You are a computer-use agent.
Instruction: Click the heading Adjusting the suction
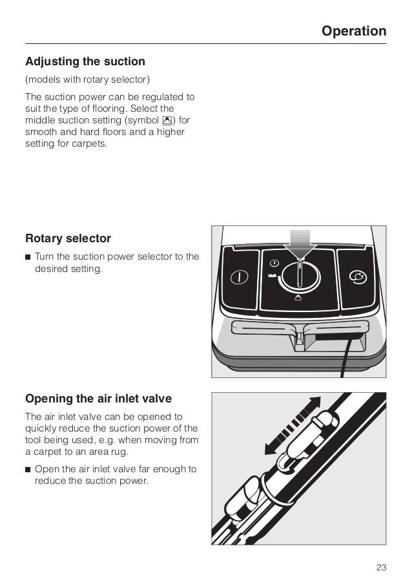tap(85, 62)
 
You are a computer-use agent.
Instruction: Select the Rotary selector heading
tap(68, 238)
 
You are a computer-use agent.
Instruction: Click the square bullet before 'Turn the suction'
tap(28, 257)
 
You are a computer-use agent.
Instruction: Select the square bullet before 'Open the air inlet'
tap(28, 468)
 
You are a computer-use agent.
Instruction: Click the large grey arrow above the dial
tap(300, 245)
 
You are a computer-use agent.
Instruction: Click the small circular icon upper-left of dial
tap(274, 263)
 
